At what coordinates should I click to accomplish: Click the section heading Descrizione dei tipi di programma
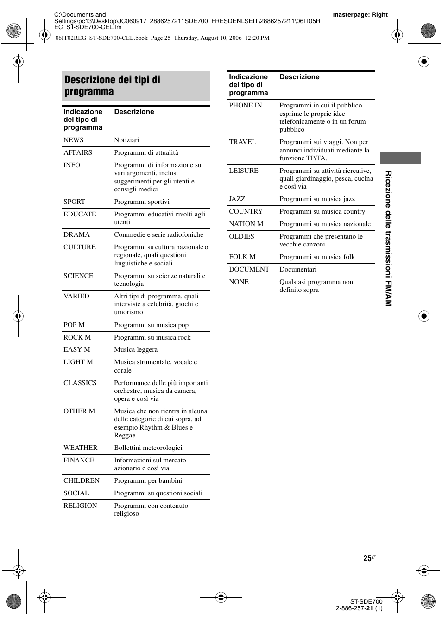coord(113,86)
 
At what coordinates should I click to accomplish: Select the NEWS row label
coord(74,140)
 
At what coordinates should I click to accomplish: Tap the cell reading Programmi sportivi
coord(142,202)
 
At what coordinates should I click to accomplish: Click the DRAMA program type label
coord(76,235)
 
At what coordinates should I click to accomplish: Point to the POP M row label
coord(74,325)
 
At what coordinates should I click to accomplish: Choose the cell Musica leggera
coord(136,350)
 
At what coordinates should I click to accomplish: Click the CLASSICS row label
coord(80,383)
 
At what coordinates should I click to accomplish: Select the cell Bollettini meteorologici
coord(148,448)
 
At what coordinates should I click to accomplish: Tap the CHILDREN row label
coord(82,481)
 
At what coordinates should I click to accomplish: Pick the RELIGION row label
coord(80,506)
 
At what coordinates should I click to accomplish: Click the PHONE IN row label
coord(246,106)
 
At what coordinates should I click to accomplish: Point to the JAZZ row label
coord(237,199)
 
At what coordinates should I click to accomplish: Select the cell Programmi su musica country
coord(322,212)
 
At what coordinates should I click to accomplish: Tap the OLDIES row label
coord(241,237)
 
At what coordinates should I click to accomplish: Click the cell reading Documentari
coord(298,270)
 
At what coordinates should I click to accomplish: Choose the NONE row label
coord(239,282)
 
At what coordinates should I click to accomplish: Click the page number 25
coord(367,559)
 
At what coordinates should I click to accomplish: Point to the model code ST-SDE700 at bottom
coord(366,602)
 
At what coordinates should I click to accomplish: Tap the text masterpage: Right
coord(360,15)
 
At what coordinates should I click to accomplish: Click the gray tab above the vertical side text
coord(400,158)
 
